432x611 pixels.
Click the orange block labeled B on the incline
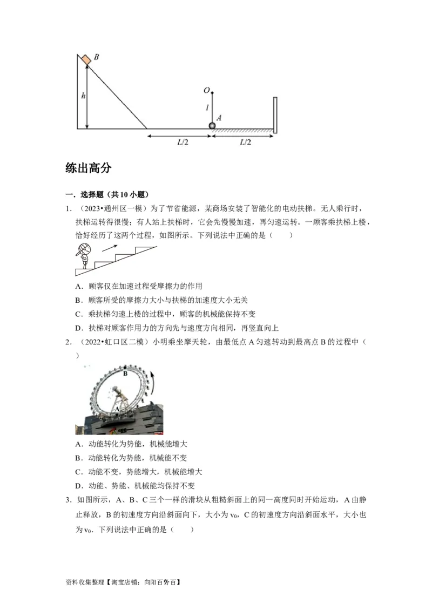pyautogui.click(x=86, y=59)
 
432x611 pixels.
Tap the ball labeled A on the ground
pyautogui.click(x=212, y=126)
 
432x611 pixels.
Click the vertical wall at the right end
pyautogui.click(x=275, y=115)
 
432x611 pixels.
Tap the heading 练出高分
pyautogui.click(x=88, y=168)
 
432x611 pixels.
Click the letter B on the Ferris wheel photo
pyautogui.click(x=125, y=373)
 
